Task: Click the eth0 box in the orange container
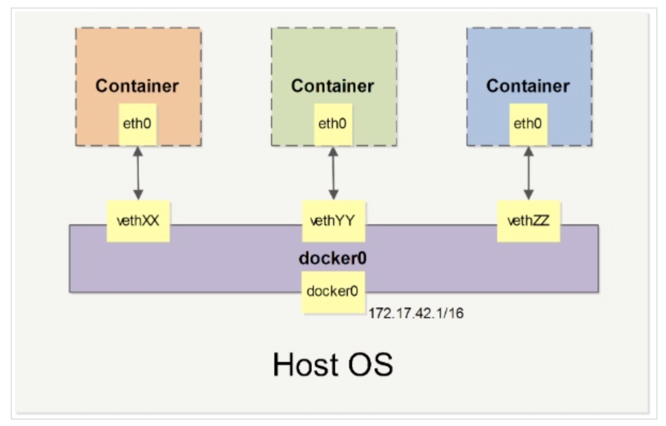point(138,124)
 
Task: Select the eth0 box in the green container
point(333,124)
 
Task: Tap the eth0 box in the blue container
point(528,124)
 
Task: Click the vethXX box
point(138,221)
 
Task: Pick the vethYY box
point(334,221)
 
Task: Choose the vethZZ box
point(528,221)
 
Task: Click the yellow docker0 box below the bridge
point(333,292)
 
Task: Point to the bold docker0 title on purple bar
point(333,258)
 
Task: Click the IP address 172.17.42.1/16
point(416,313)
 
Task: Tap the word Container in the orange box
point(137,86)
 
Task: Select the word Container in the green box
point(333,86)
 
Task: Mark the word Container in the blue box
point(528,86)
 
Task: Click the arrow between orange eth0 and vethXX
point(138,173)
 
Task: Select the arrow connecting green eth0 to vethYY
point(334,173)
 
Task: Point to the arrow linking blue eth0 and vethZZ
point(528,173)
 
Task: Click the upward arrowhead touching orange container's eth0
point(138,151)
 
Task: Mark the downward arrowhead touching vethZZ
point(528,195)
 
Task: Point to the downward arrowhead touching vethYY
point(334,195)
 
